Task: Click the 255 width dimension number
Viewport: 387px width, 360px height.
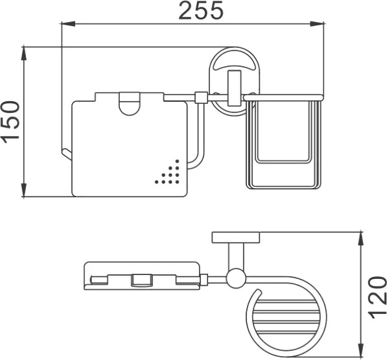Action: tap(201, 10)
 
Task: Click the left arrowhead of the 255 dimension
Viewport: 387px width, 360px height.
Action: tap(68, 24)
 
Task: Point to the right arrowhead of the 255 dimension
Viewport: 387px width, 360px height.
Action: tap(317, 24)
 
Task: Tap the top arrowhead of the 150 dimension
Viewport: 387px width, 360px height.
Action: tap(24, 53)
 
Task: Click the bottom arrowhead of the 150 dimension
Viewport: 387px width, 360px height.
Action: tap(24, 190)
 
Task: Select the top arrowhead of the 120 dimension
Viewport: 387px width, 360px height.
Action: tap(361, 239)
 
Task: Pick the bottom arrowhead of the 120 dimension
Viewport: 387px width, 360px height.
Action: tap(361, 350)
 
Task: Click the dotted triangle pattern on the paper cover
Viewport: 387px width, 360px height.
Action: tap(167, 172)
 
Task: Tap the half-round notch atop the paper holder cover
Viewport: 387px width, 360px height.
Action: tap(130, 104)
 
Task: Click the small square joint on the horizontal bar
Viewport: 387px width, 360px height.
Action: tap(201, 97)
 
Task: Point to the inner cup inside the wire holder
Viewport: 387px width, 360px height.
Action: tap(283, 132)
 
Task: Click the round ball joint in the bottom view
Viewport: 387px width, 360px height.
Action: tap(236, 278)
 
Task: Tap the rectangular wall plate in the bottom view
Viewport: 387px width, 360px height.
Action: tap(236, 237)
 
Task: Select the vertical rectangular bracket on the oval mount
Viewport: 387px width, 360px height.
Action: tap(234, 88)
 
